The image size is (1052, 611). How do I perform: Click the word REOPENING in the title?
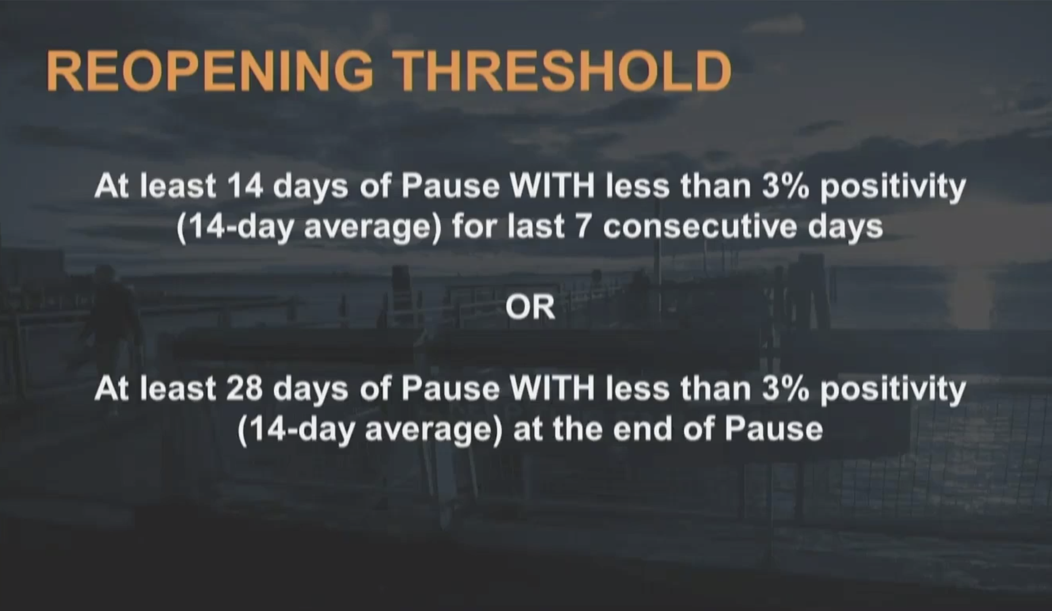coord(210,71)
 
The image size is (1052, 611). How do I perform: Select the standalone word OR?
coord(530,308)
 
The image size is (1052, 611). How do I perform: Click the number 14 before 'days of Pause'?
coord(245,186)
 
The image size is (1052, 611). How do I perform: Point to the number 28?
coord(245,388)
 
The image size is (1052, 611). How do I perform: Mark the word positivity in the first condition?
coord(893,188)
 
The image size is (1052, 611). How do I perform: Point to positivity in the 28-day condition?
coord(893,391)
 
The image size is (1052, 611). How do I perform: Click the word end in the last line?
coord(641,429)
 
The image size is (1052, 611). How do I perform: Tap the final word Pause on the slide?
coord(773,429)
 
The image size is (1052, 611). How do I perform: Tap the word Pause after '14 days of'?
coord(451,186)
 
